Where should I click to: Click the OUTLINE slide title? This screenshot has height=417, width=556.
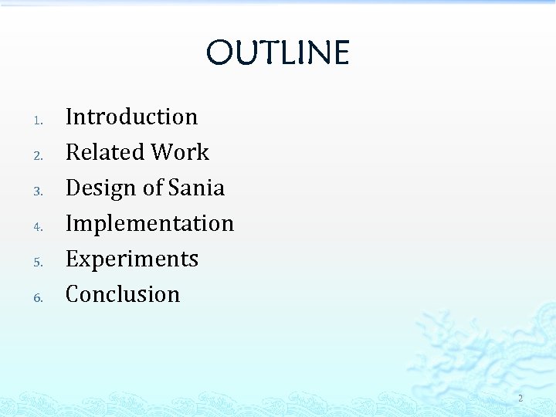[x=278, y=53]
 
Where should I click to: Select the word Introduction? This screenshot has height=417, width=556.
[x=131, y=117]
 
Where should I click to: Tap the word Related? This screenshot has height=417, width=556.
[x=105, y=152]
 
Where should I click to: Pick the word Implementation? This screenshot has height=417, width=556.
[x=150, y=223]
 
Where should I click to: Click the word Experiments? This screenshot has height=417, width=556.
[x=132, y=259]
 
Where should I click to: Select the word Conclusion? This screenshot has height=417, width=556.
[x=123, y=294]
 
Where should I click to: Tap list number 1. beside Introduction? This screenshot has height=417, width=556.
[x=39, y=120]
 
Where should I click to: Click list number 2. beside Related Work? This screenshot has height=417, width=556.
[x=39, y=155]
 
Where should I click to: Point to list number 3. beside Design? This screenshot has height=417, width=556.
[x=39, y=191]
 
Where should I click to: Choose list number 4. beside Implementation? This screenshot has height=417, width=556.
[x=39, y=226]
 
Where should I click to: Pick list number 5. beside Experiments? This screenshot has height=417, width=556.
[x=39, y=262]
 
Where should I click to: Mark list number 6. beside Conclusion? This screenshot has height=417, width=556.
[x=39, y=297]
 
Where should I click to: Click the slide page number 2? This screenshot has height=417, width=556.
[x=520, y=398]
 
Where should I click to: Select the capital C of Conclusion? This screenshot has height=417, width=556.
[x=73, y=294]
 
